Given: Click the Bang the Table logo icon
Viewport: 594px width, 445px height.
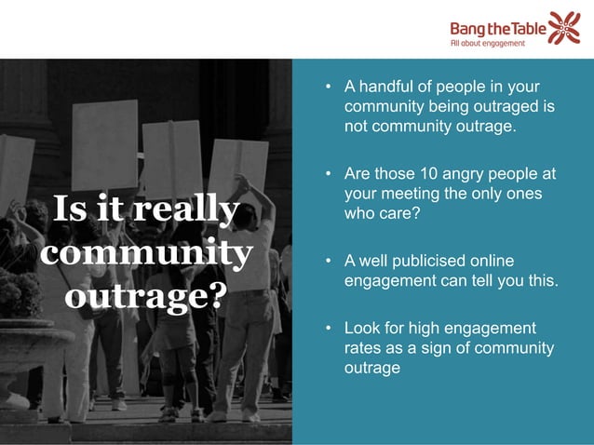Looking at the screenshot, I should (564, 27).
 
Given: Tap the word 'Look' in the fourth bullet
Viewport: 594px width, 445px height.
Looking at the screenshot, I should (363, 328).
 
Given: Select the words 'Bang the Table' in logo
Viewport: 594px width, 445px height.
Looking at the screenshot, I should (498, 27).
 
